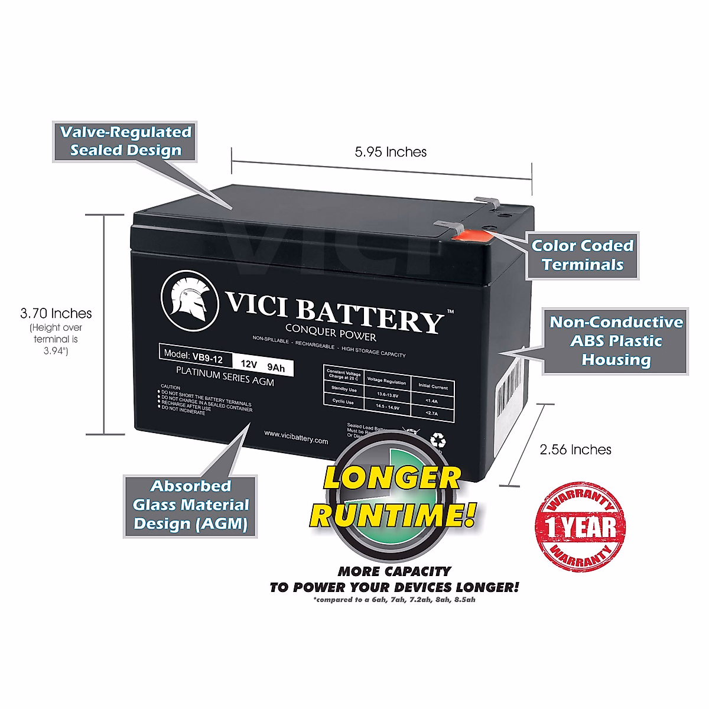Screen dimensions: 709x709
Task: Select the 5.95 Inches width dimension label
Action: [391, 152]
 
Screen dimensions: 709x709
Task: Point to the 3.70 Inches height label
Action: [56, 313]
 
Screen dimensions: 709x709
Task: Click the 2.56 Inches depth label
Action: [575, 450]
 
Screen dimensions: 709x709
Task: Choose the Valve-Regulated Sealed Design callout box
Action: [125, 141]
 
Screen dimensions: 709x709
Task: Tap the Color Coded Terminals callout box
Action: [582, 255]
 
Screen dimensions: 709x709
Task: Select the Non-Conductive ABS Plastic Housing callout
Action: [616, 341]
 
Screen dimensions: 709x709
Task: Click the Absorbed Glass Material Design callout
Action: [190, 506]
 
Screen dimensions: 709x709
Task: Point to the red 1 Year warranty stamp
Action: [580, 526]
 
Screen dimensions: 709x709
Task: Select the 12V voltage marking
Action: [249, 365]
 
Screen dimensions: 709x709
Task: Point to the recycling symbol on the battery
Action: [438, 441]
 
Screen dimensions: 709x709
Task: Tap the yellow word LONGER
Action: [392, 477]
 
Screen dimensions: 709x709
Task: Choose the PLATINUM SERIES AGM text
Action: [225, 376]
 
